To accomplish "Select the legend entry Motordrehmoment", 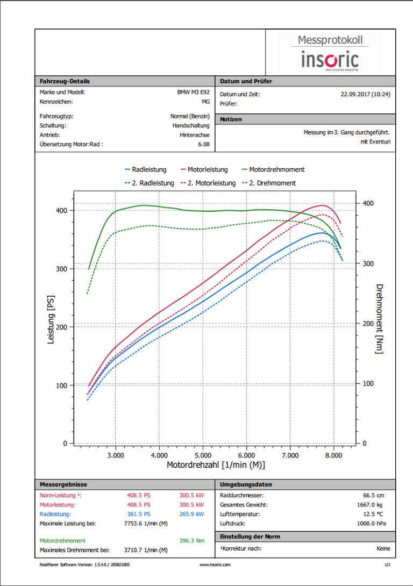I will coord(276,169).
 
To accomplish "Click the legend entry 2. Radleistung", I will coord(153,183).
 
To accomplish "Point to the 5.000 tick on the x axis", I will coord(203,455).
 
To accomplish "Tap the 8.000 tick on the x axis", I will coord(334,455).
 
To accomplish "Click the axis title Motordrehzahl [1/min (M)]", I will coord(216,465).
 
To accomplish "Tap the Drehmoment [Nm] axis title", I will coord(379,319).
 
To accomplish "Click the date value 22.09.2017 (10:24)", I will coord(365,94).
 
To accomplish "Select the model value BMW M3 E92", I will coord(193,92).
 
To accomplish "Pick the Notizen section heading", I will coord(231,119).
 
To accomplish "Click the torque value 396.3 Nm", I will coord(191,540).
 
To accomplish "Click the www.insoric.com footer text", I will coord(215,564).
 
